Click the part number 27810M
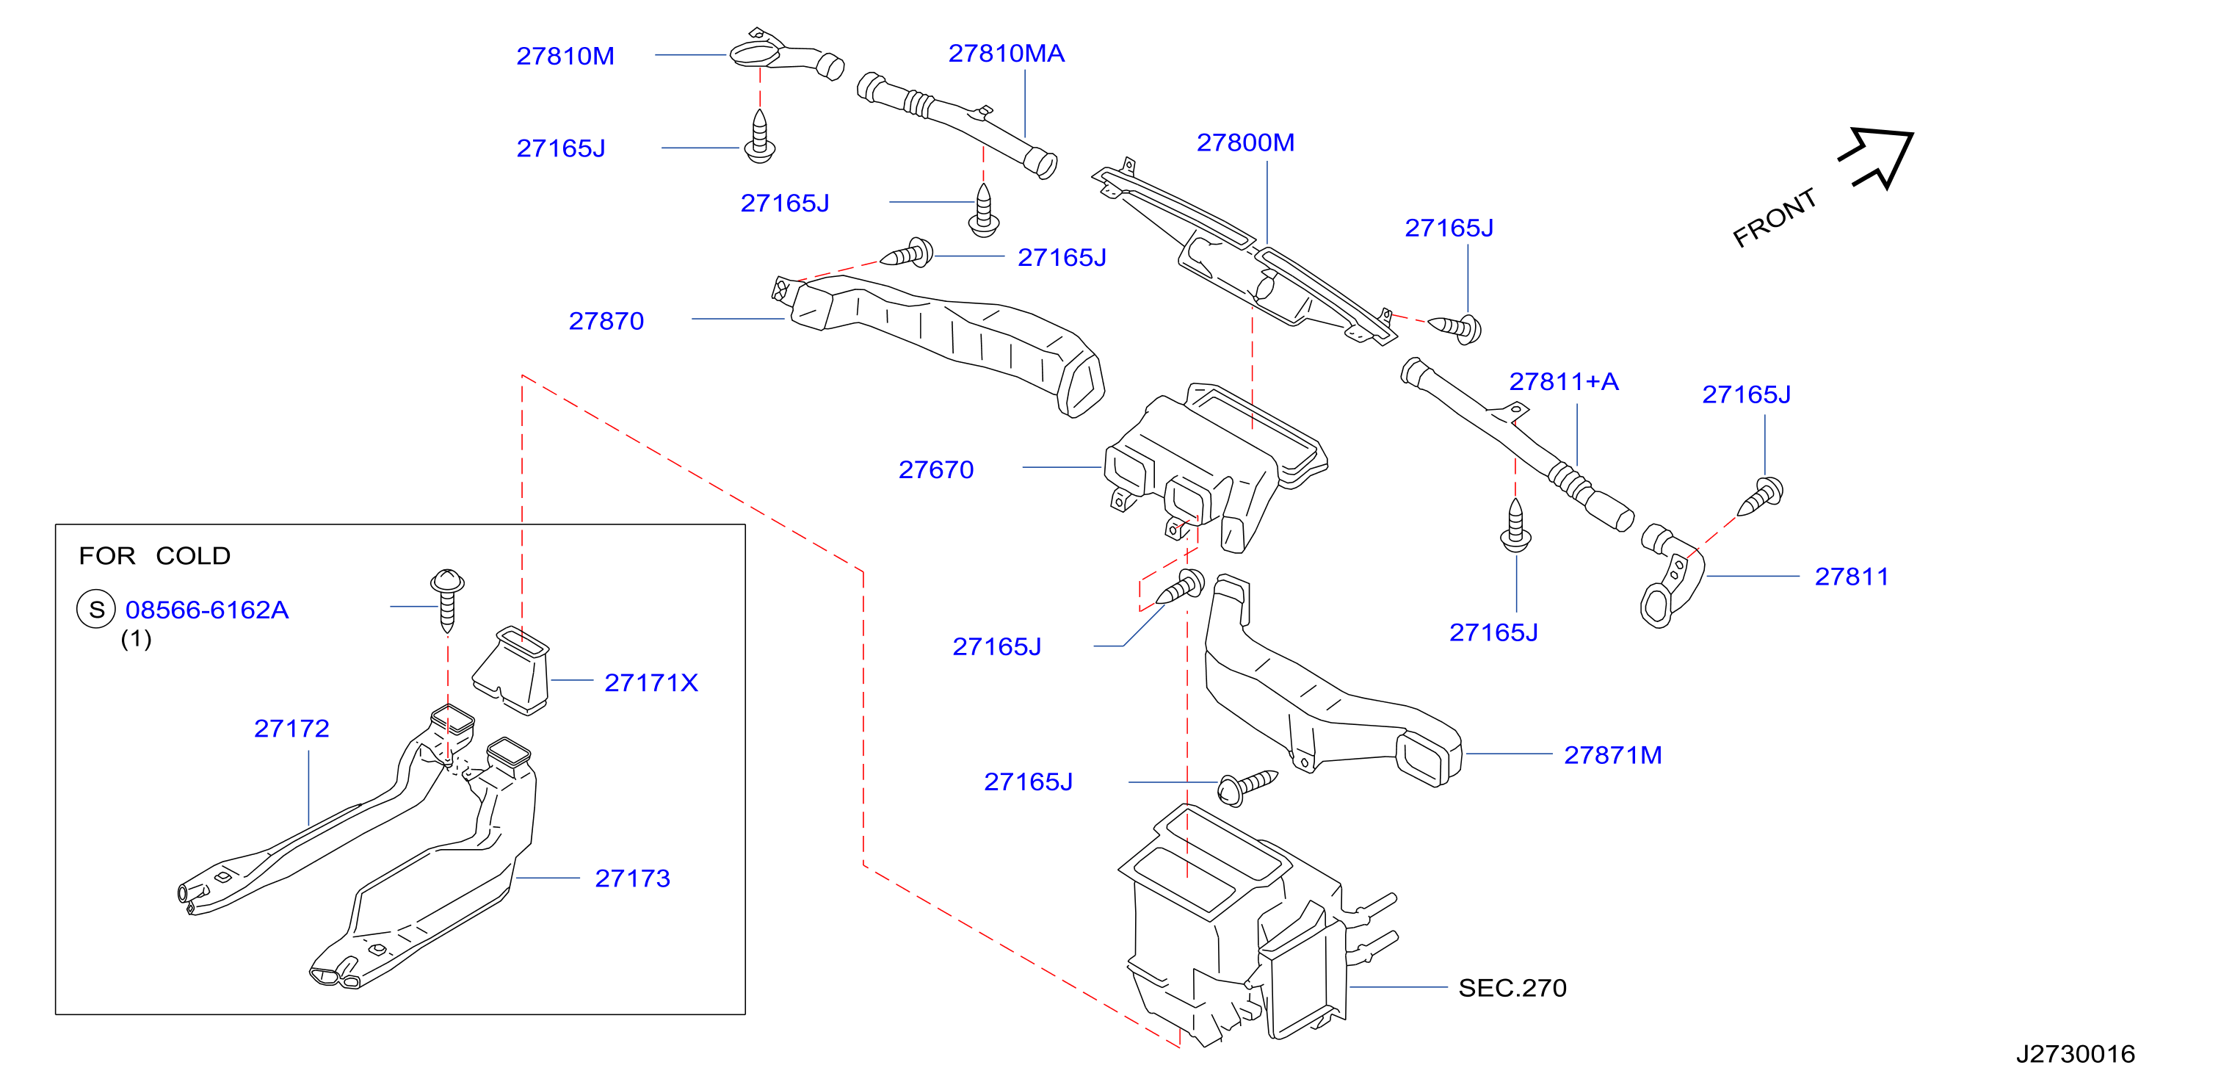click(x=565, y=56)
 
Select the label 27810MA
click(x=1006, y=54)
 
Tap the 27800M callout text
click(x=1245, y=142)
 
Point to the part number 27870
click(x=606, y=321)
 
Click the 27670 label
click(x=935, y=469)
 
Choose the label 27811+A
click(x=1563, y=381)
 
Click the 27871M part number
click(x=1612, y=754)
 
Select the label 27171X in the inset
click(x=651, y=682)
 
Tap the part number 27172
click(x=291, y=729)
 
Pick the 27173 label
click(x=632, y=878)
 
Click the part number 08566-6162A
click(x=207, y=610)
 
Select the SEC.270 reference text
click(x=1512, y=987)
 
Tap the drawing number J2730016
click(x=2076, y=1054)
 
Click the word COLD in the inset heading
click(x=193, y=555)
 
